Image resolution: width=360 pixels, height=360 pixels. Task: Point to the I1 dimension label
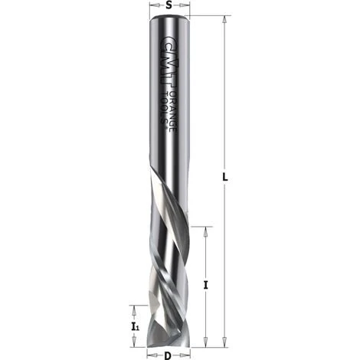tap(135, 327)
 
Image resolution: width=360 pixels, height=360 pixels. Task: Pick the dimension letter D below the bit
tap(169, 355)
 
